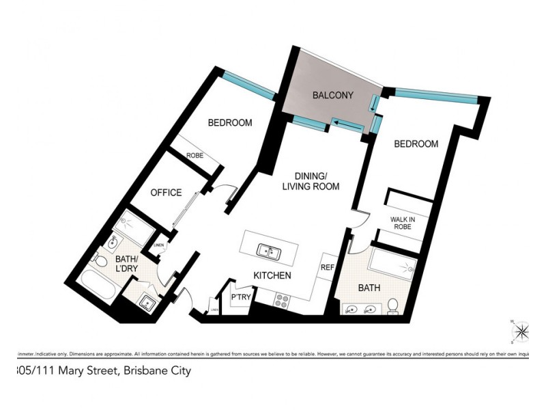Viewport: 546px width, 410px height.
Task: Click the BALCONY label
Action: coord(332,96)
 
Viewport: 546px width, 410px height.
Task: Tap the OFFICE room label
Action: coord(166,193)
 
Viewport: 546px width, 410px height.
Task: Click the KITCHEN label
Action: coord(272,275)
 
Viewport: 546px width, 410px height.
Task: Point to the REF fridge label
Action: coord(328,268)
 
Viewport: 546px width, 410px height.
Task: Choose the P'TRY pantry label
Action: coord(240,298)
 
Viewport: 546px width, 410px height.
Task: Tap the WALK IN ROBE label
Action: coord(403,223)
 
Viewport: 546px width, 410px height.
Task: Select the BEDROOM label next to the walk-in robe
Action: coord(416,144)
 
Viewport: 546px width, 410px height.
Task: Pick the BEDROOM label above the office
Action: coord(229,123)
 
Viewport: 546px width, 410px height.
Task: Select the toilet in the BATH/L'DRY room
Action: coord(100,261)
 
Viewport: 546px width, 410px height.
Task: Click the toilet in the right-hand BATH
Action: coord(393,305)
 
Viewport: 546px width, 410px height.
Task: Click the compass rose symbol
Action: coord(521,333)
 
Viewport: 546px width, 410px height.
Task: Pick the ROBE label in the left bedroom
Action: coord(195,155)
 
